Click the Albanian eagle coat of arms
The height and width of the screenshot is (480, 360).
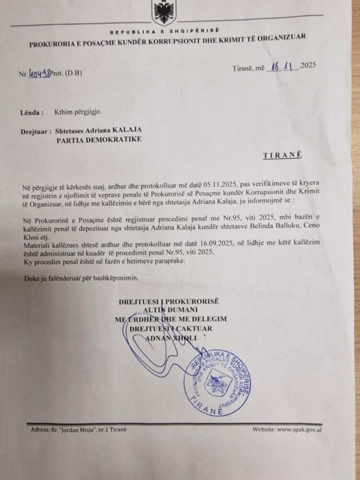tap(164, 13)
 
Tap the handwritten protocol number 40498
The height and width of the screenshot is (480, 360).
tap(39, 74)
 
